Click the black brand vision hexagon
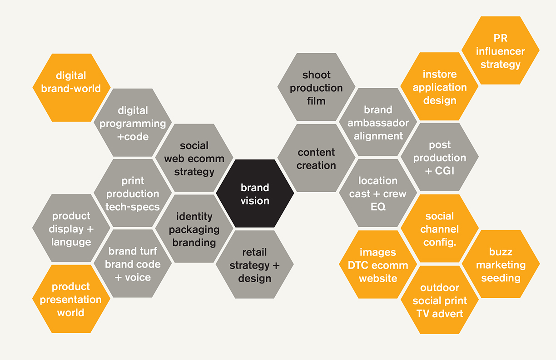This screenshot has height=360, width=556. pyautogui.click(x=255, y=194)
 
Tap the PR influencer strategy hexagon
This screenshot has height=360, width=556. pyautogui.click(x=500, y=51)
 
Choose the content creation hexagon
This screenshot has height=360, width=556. pyautogui.click(x=316, y=159)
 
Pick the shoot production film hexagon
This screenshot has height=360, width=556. pyautogui.click(x=316, y=87)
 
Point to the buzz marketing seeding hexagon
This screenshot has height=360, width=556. pyautogui.click(x=501, y=265)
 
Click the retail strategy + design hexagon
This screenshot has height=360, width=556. pyautogui.click(x=254, y=265)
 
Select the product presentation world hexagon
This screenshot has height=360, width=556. pyautogui.click(x=71, y=300)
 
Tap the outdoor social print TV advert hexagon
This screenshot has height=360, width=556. pyautogui.click(x=439, y=300)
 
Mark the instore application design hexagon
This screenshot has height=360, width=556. pyautogui.click(x=439, y=87)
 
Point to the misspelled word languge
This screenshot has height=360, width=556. pyautogui.click(x=71, y=242)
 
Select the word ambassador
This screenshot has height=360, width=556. pyautogui.click(x=378, y=123)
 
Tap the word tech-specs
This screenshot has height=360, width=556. pyautogui.click(x=133, y=207)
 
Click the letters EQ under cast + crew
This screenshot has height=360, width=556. pyautogui.click(x=378, y=207)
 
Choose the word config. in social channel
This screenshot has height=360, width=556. pyautogui.click(x=439, y=242)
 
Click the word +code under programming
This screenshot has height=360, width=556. pyautogui.click(x=133, y=136)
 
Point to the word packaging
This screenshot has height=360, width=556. pyautogui.click(x=194, y=230)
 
